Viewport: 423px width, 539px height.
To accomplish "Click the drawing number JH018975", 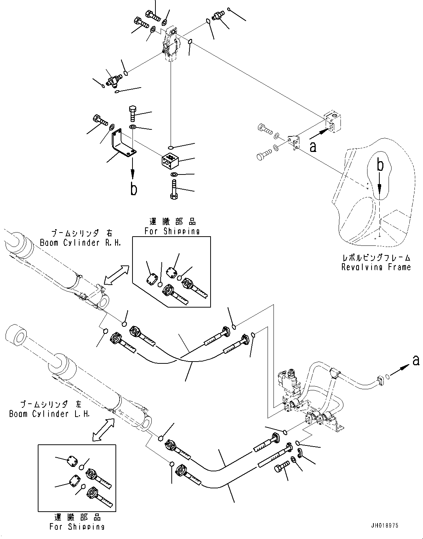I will (385, 526).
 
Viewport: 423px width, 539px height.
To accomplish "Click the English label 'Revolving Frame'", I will (376, 267).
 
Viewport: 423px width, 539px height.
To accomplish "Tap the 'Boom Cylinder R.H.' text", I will (80, 243).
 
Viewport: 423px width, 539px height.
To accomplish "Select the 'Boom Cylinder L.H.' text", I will (50, 414).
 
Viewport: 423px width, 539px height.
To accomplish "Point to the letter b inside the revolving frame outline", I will (380, 166).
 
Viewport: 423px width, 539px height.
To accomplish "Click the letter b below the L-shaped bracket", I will (133, 189).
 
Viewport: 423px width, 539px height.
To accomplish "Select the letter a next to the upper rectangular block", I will (313, 147).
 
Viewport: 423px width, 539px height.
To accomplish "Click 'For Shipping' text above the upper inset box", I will (172, 231).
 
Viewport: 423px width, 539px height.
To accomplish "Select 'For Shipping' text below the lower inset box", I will (77, 526).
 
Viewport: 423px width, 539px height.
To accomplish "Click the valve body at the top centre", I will (171, 44).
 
